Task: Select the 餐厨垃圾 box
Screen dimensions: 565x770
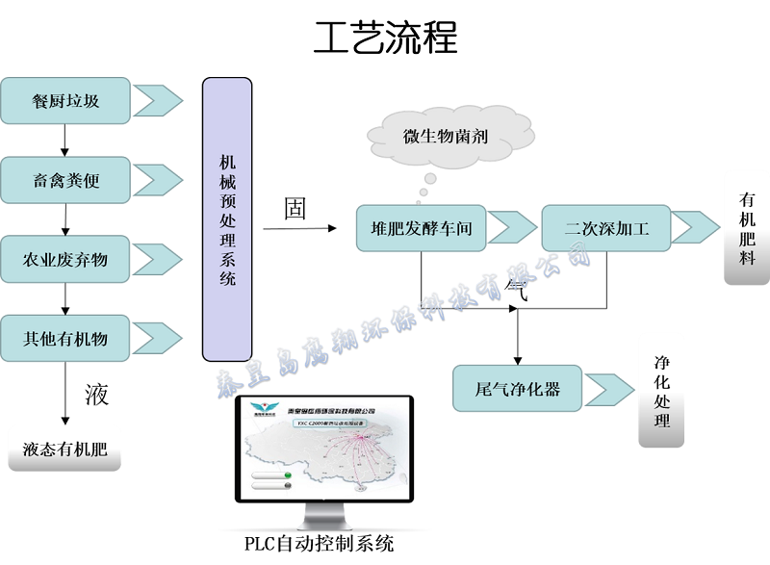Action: coord(65,100)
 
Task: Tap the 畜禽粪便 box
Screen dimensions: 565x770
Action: coord(65,180)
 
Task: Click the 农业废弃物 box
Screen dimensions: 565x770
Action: coord(65,260)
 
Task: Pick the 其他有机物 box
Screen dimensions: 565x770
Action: coord(65,339)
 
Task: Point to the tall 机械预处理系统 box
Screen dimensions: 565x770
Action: coord(227,219)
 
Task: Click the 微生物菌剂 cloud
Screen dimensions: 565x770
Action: coord(445,136)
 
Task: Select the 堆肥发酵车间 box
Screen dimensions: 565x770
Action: coord(421,228)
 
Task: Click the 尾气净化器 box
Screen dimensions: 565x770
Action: coord(518,389)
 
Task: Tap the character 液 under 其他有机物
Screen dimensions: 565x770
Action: coord(96,395)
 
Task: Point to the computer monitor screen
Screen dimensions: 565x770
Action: coord(324,448)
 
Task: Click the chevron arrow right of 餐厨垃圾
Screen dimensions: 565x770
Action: coord(157,99)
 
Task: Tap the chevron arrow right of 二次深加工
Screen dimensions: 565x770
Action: coord(694,228)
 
